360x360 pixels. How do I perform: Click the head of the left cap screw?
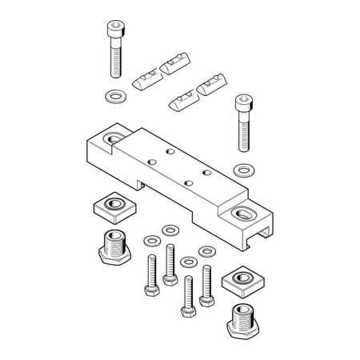coord(114,30)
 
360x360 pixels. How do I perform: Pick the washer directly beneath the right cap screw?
coord(243,170)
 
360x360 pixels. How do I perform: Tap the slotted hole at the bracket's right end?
coord(243,212)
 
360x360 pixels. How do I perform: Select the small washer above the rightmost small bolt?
coord(207,251)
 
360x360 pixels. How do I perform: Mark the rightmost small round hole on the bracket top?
coord(206,171)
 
